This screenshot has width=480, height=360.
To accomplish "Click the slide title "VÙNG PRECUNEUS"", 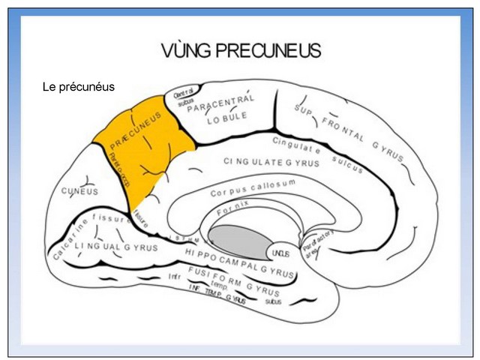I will click(x=241, y=51).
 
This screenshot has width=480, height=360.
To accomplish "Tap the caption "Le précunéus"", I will click(x=79, y=87).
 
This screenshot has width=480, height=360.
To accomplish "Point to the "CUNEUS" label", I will click(x=79, y=191).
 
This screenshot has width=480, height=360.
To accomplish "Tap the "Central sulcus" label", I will click(x=184, y=98).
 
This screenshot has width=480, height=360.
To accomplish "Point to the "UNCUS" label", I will click(x=280, y=253).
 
